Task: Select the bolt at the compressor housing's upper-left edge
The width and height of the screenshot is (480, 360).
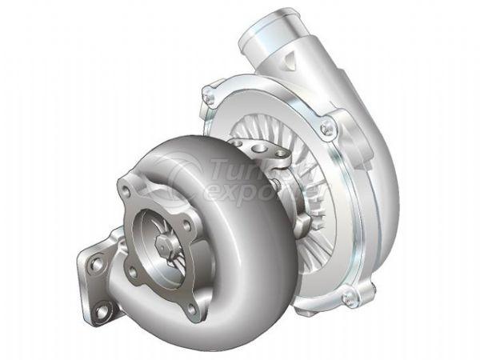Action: tap(210, 97)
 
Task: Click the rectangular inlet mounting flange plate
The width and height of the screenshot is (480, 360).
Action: tap(96, 280)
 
